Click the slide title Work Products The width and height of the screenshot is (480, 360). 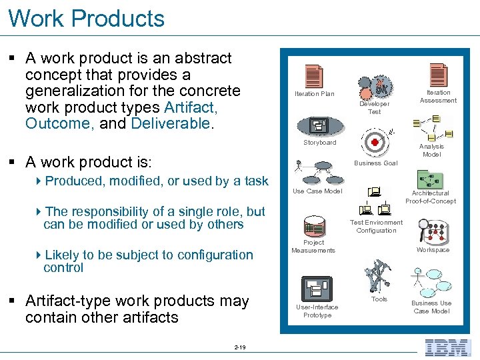[x=87, y=18]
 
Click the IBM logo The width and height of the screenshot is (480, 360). [x=447, y=347]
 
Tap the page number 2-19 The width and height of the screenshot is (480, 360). [x=240, y=347]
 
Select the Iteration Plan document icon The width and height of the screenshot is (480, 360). [x=313, y=77]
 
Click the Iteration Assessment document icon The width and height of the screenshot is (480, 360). [x=438, y=75]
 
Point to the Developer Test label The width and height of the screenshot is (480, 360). [x=374, y=108]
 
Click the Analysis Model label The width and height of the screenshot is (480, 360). [x=431, y=151]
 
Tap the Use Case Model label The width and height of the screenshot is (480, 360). [x=317, y=191]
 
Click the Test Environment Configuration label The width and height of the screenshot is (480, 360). [x=376, y=227]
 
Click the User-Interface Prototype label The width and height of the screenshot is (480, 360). [x=317, y=311]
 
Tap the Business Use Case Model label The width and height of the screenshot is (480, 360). [x=431, y=307]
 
